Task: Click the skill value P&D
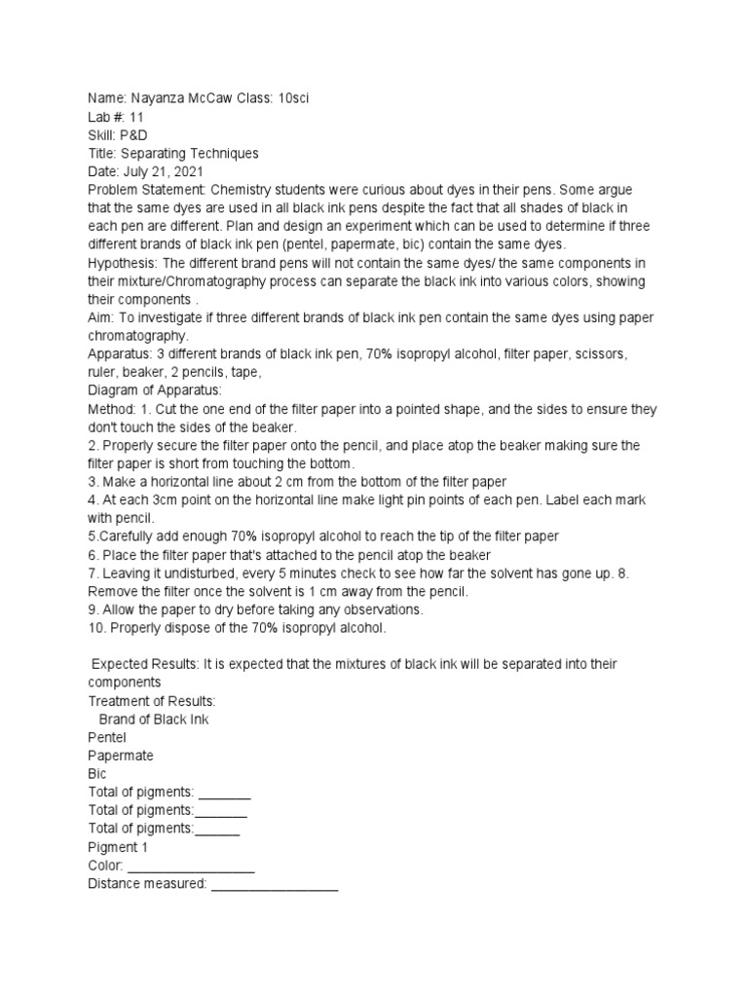pyautogui.click(x=133, y=135)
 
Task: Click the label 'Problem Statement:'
pyautogui.click(x=146, y=191)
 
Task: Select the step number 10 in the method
pyautogui.click(x=95, y=628)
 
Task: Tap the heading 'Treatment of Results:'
pyautogui.click(x=151, y=701)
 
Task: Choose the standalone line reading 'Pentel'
pyautogui.click(x=107, y=737)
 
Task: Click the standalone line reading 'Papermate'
pyautogui.click(x=121, y=756)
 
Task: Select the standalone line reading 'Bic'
pyautogui.click(x=97, y=774)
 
